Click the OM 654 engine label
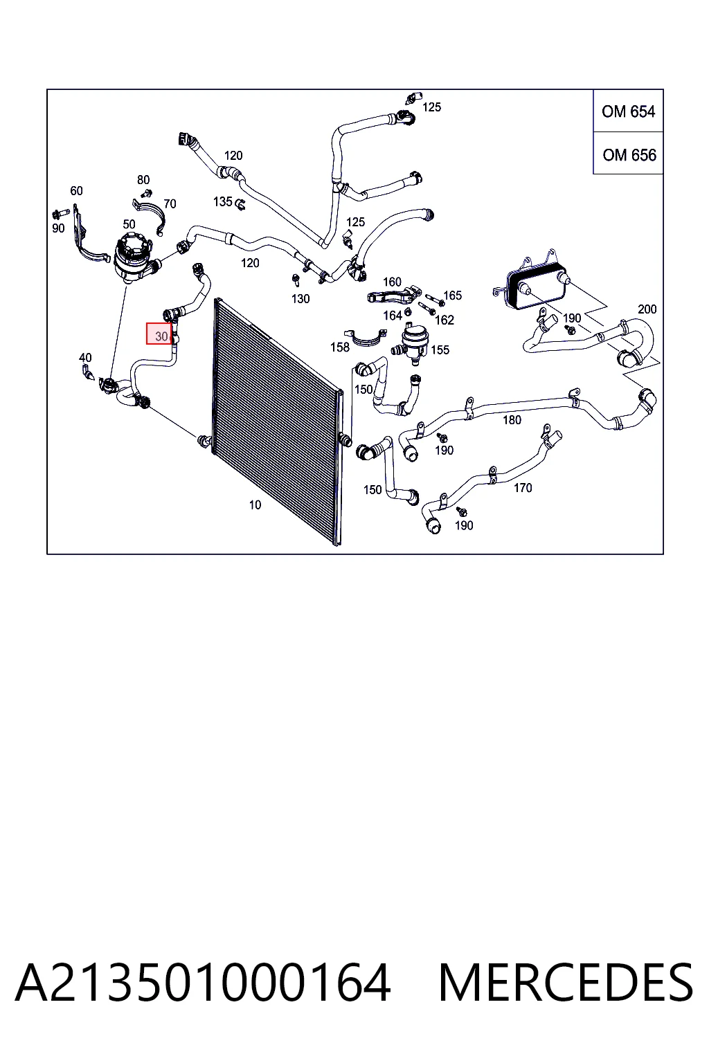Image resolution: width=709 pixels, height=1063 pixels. click(x=628, y=111)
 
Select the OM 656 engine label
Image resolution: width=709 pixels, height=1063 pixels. click(x=629, y=155)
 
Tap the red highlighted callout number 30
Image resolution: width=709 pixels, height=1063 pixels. click(x=159, y=334)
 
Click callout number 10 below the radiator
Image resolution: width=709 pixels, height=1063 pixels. click(x=255, y=505)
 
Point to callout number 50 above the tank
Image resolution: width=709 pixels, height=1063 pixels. click(x=129, y=224)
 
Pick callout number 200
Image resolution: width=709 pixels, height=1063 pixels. click(x=647, y=309)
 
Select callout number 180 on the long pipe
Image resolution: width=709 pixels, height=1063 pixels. click(x=512, y=420)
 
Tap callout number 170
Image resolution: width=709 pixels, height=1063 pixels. click(x=523, y=488)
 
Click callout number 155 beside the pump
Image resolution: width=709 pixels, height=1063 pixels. click(x=440, y=349)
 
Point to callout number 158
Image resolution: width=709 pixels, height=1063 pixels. click(x=340, y=347)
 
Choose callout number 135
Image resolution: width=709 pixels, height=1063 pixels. click(x=223, y=201)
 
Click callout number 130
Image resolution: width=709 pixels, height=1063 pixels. click(x=300, y=299)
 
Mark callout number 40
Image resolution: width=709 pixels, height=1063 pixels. click(x=85, y=357)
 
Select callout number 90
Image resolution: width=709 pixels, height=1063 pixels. click(x=58, y=228)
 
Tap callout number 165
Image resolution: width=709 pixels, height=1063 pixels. click(x=453, y=296)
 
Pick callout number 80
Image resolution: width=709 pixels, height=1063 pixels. click(x=143, y=180)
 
